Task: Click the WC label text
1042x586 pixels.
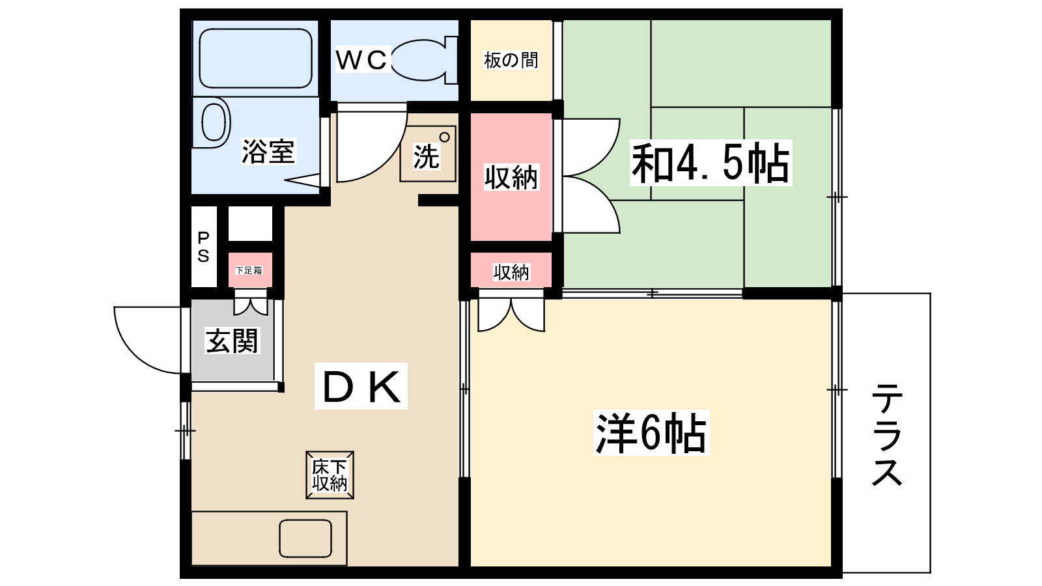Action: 361,60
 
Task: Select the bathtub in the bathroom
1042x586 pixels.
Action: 255,58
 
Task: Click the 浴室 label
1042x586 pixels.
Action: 268,152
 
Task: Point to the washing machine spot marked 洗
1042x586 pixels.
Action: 427,156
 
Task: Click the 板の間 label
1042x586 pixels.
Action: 511,61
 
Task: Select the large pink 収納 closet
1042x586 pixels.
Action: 511,177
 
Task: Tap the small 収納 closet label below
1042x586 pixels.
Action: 511,272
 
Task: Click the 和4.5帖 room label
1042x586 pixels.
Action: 711,163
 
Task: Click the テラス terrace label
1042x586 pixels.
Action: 886,434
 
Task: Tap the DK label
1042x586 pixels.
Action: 361,387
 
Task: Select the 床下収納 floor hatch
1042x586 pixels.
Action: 330,475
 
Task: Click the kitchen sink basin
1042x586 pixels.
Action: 305,538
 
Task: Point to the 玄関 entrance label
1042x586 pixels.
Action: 232,341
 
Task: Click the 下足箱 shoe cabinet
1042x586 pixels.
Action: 249,270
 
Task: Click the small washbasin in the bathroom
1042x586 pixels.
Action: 213,122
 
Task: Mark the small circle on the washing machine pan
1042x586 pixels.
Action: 444,137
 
